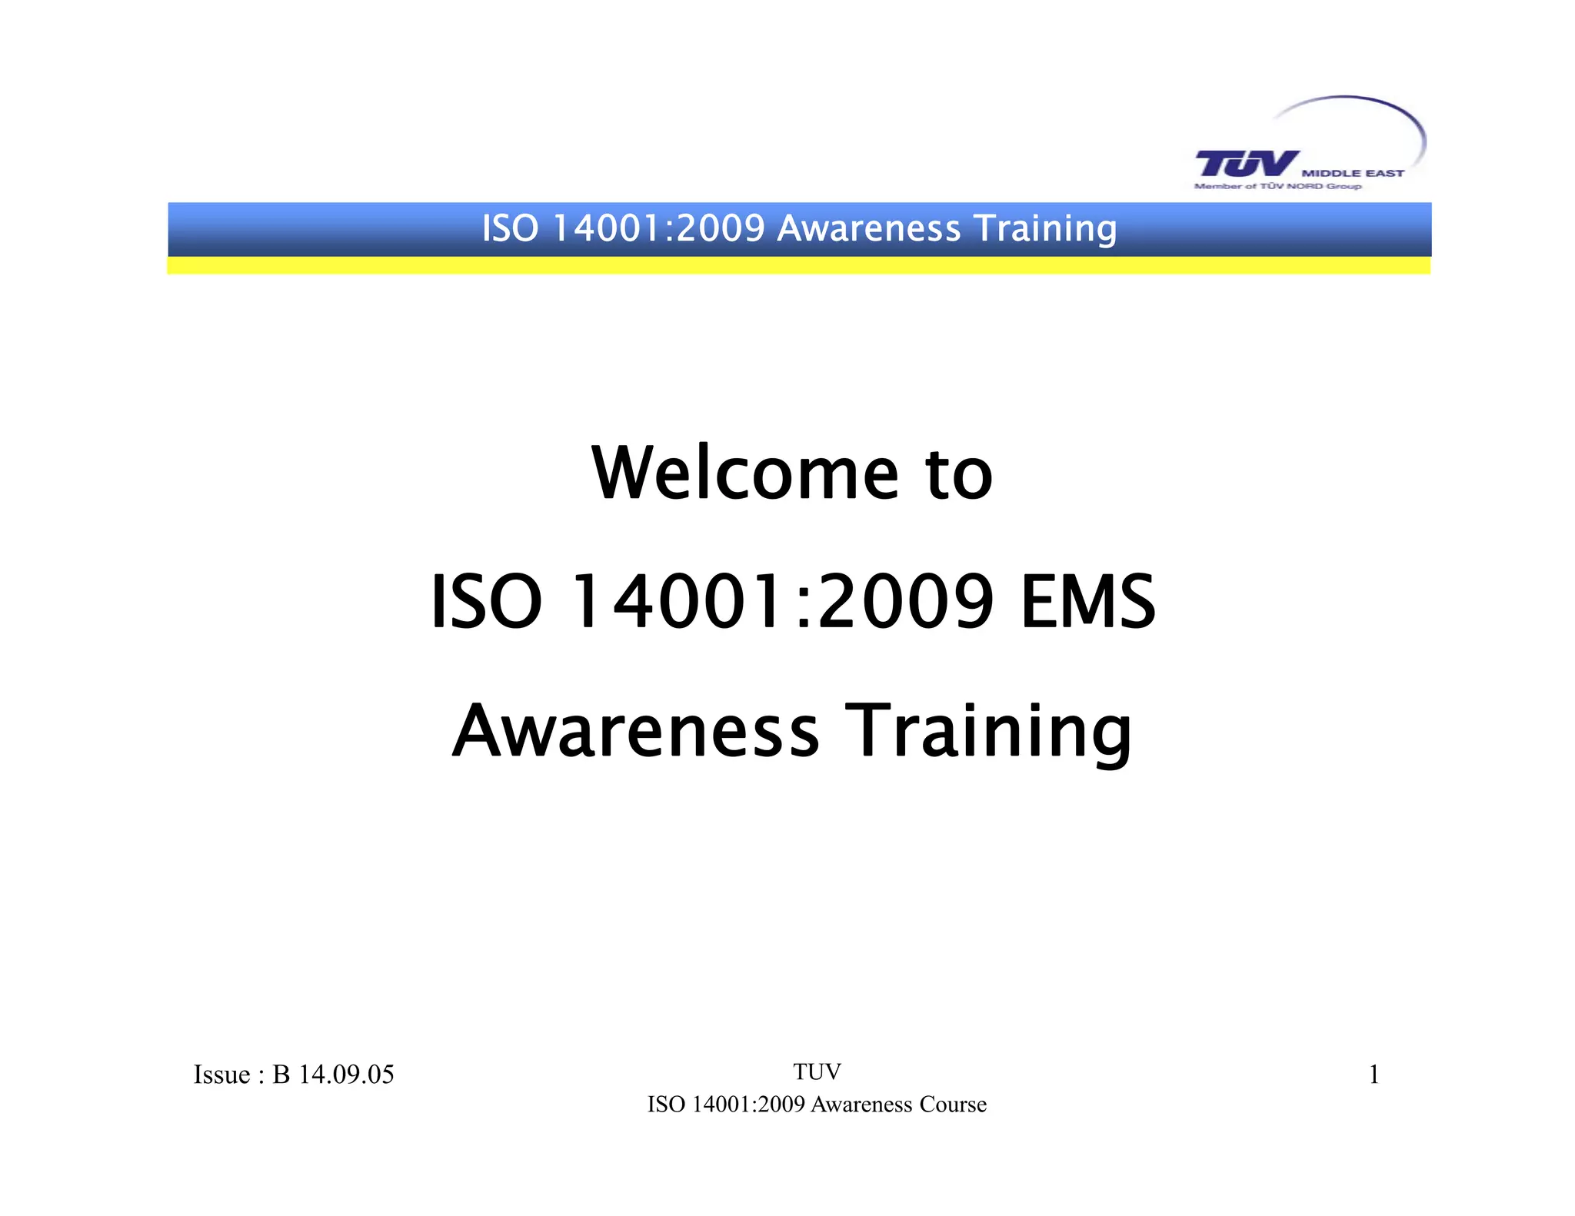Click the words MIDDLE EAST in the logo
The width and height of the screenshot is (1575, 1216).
1353,174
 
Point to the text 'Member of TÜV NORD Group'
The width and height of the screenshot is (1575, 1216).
1277,186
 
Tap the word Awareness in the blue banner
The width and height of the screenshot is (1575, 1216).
868,228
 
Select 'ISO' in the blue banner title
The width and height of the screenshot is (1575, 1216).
510,228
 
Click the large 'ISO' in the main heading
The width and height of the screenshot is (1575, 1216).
486,602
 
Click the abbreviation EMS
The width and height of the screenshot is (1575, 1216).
1087,602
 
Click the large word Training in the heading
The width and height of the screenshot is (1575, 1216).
988,732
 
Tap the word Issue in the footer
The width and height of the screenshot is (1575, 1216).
221,1075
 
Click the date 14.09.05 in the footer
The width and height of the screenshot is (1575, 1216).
346,1075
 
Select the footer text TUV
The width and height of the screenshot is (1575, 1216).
817,1071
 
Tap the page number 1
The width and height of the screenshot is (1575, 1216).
1374,1075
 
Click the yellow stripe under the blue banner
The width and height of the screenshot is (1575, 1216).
798,266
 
